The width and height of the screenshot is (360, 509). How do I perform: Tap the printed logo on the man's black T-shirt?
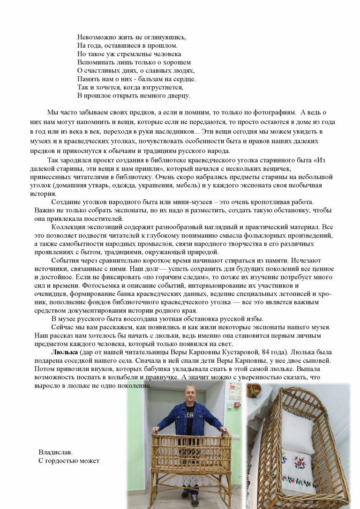189,415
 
